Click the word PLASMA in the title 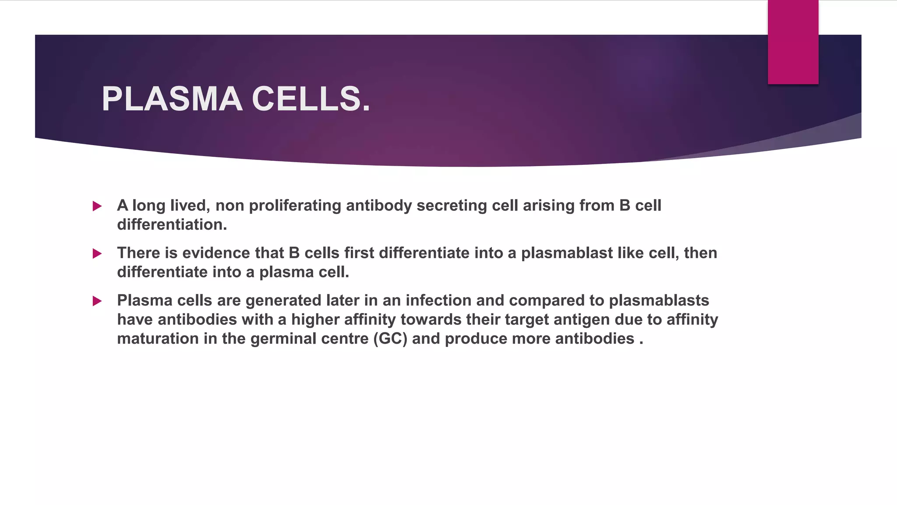(x=172, y=99)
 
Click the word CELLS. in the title (x=311, y=99)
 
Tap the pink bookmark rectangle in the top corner (x=793, y=42)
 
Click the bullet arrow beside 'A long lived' (x=97, y=206)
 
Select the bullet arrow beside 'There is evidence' (x=97, y=253)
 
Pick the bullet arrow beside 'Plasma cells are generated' (x=97, y=301)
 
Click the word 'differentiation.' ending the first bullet (x=172, y=225)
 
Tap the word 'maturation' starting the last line (x=158, y=339)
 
